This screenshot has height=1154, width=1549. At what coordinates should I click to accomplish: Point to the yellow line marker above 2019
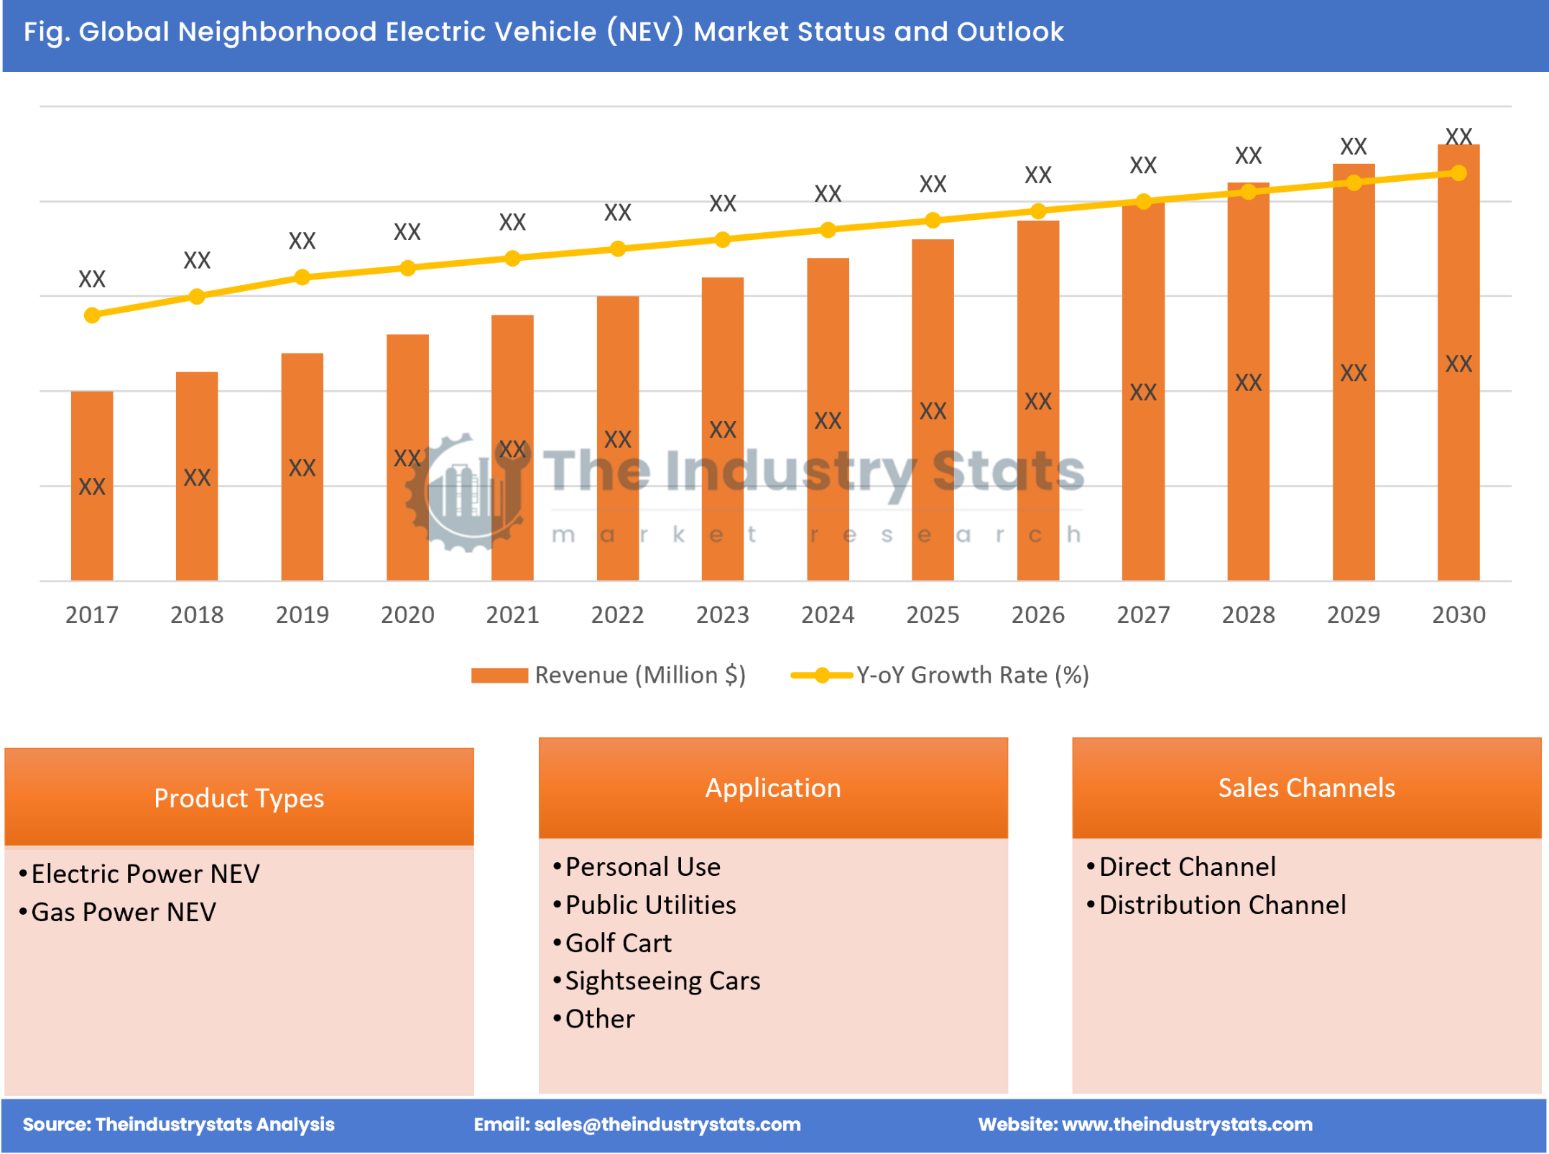pyautogui.click(x=302, y=277)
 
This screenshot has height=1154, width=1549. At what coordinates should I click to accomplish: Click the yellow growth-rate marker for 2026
pyautogui.click(x=1037, y=211)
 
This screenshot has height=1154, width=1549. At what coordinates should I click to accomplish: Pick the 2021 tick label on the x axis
pyautogui.click(x=512, y=615)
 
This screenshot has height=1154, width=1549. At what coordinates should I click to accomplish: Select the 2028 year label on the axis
pyautogui.click(x=1248, y=615)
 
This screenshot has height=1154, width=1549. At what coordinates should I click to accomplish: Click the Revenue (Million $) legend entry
pyautogui.click(x=639, y=675)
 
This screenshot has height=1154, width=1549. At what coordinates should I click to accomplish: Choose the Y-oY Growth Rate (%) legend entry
pyautogui.click(x=972, y=675)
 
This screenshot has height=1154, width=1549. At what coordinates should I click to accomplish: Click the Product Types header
pyautogui.click(x=239, y=798)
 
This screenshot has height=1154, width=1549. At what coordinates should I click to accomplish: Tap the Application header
pyautogui.click(x=772, y=788)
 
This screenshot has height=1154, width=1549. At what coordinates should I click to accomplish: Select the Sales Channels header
pyautogui.click(x=1306, y=788)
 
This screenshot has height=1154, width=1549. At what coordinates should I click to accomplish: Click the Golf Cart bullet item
pyautogui.click(x=618, y=943)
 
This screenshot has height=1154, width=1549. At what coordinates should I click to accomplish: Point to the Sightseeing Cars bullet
pyautogui.click(x=662, y=982)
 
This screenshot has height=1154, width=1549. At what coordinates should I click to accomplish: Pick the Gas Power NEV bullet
pyautogui.click(x=123, y=913)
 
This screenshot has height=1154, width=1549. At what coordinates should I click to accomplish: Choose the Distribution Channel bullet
pyautogui.click(x=1222, y=905)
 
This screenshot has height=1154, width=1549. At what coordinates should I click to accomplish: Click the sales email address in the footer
pyautogui.click(x=667, y=1125)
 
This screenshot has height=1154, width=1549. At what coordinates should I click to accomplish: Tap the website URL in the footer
pyautogui.click(x=1186, y=1125)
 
